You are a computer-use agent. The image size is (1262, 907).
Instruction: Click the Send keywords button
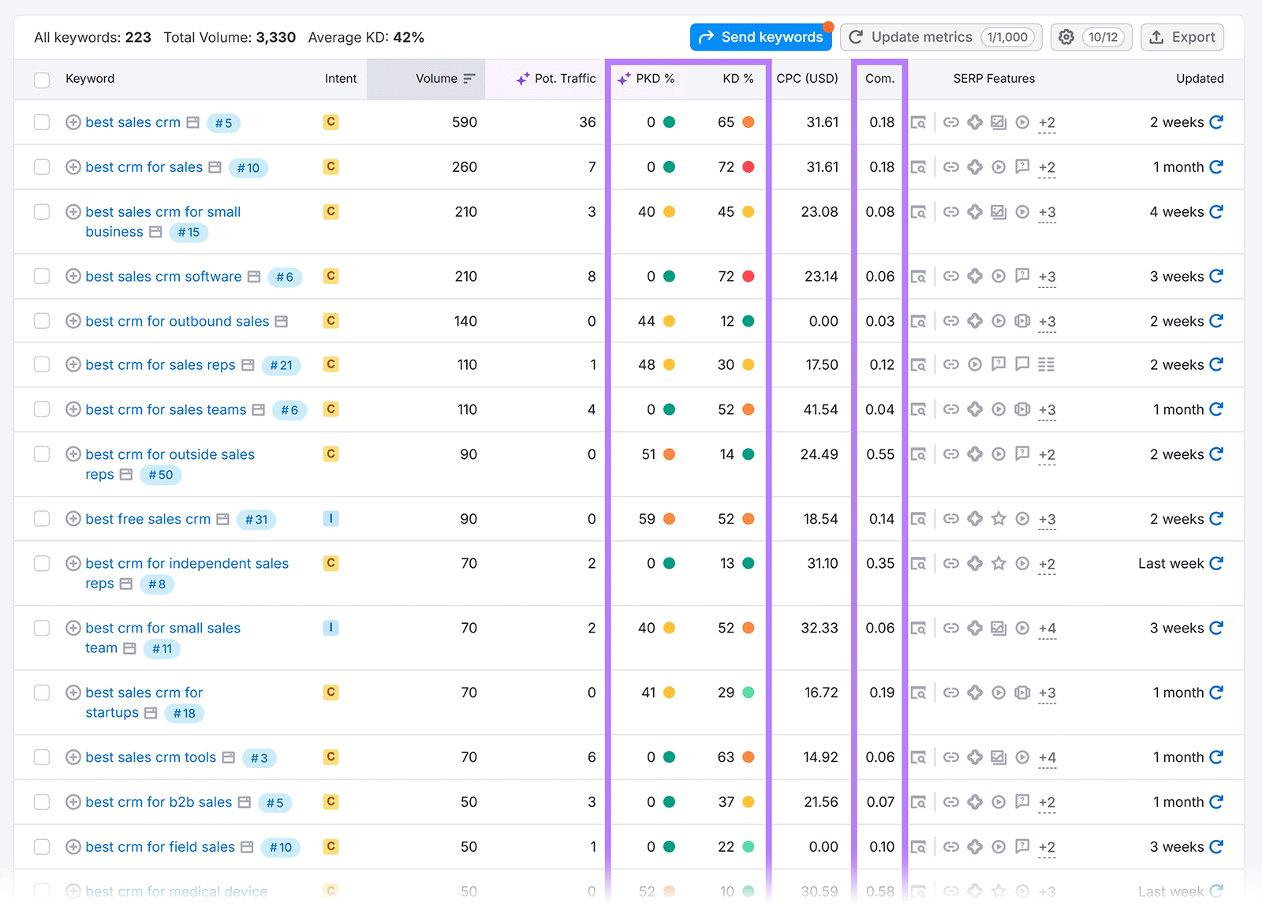760,37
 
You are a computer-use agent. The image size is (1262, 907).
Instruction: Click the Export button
1182,37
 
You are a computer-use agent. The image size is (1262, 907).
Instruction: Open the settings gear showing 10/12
1091,37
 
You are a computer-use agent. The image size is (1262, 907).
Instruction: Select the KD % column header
737,79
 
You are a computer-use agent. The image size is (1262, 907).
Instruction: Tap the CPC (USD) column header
807,79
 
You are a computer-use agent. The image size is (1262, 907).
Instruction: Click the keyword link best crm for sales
144,167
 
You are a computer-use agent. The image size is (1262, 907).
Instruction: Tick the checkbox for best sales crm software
42,276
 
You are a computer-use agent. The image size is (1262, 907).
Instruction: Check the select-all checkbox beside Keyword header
42,80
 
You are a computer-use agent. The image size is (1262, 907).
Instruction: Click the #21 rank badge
281,365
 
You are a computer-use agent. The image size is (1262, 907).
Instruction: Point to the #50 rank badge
161,475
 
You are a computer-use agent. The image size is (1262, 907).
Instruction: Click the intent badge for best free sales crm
330,519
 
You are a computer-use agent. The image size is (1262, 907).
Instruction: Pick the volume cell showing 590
465,122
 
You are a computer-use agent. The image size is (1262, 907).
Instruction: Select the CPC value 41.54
820,409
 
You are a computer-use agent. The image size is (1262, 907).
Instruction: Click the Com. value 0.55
880,454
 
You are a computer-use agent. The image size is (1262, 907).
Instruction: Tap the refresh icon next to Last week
1216,563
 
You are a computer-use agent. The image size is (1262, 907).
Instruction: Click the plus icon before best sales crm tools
73,757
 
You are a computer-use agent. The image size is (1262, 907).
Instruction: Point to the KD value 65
726,122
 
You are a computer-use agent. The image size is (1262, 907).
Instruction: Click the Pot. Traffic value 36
588,122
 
